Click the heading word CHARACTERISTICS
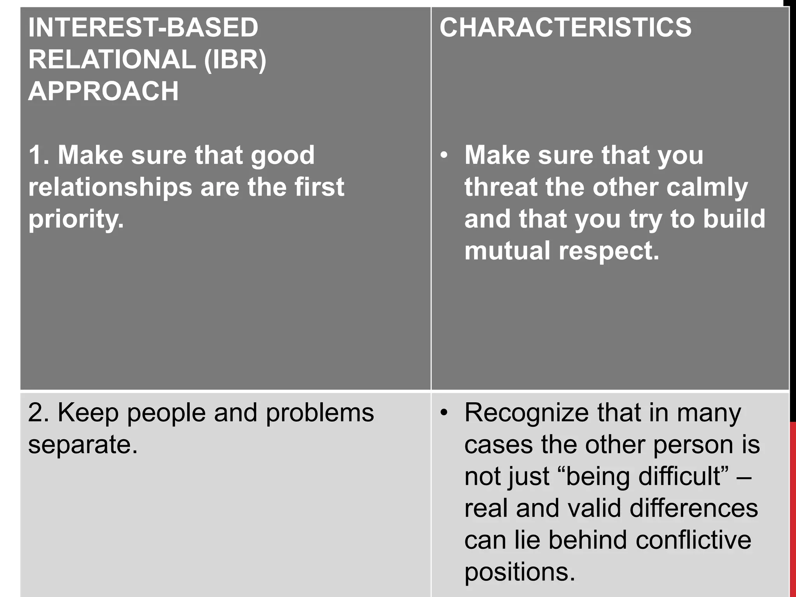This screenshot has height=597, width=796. click(566, 28)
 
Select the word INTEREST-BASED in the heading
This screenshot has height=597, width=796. click(143, 28)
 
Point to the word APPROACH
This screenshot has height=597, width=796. click(103, 91)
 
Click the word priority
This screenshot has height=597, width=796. click(76, 220)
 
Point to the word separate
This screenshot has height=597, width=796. click(83, 445)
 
